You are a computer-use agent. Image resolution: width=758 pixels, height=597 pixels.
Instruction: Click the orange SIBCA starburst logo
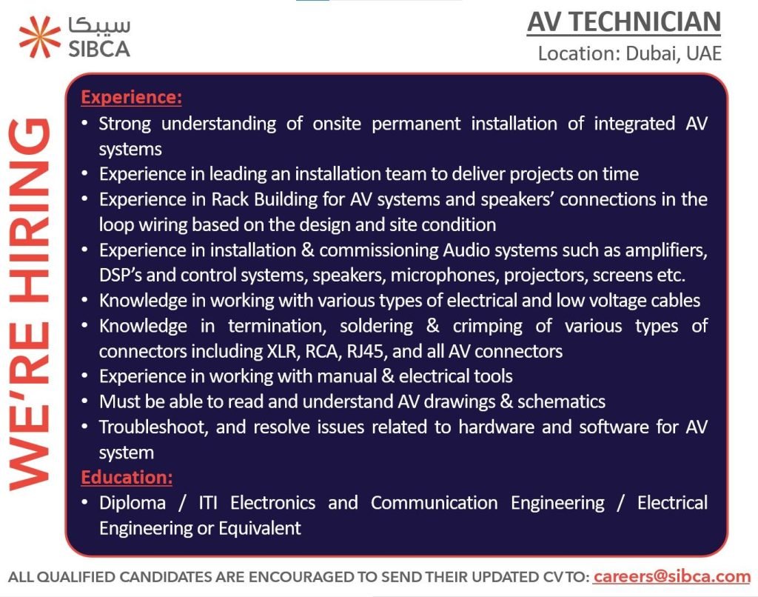[40, 37]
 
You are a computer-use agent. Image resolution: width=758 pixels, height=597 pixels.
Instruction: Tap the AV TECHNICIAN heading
[623, 22]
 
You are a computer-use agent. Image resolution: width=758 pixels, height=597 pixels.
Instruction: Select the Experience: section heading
[132, 97]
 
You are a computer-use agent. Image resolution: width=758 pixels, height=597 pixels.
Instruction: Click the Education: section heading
[127, 478]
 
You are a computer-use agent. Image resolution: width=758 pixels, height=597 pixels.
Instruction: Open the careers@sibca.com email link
[672, 577]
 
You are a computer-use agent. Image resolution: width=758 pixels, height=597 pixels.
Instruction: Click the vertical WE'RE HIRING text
[30, 304]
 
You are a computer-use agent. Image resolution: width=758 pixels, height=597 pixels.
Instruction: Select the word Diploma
[133, 503]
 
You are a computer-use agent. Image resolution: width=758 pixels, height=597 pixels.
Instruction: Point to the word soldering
[377, 327]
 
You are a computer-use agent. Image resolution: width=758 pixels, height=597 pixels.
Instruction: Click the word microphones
[443, 276]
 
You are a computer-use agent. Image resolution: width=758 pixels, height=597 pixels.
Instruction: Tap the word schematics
[561, 402]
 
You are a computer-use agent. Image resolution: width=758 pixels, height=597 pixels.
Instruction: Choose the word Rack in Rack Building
[229, 200]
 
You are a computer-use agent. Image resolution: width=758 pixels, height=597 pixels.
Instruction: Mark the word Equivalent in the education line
[260, 528]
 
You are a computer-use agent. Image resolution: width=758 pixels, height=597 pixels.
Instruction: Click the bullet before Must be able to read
[85, 401]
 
